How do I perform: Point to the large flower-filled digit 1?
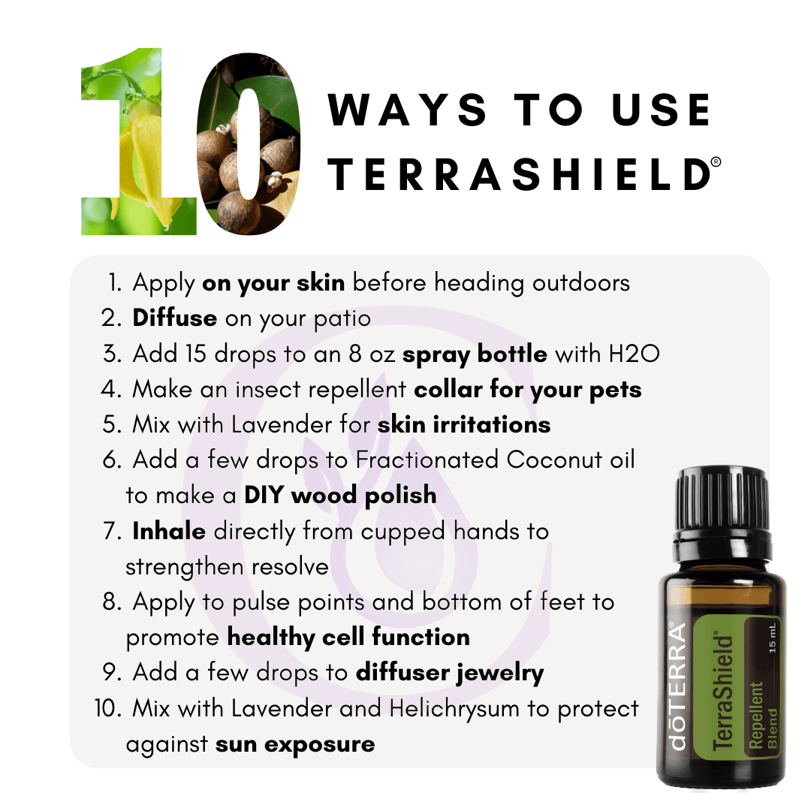coord(139,141)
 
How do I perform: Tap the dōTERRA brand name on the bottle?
coord(677,686)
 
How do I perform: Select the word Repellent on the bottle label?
coord(755,715)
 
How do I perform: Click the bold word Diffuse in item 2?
coord(175,318)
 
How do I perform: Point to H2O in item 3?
coord(634,354)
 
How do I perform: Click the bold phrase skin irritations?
coord(464,424)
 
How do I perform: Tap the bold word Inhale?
coord(169,531)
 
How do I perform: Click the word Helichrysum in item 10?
coord(454,709)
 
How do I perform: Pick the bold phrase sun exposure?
coord(295,744)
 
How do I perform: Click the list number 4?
coord(110,389)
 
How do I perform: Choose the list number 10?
coord(107,708)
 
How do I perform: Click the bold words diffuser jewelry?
coord(450,673)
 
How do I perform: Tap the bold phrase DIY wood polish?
coord(340,495)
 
